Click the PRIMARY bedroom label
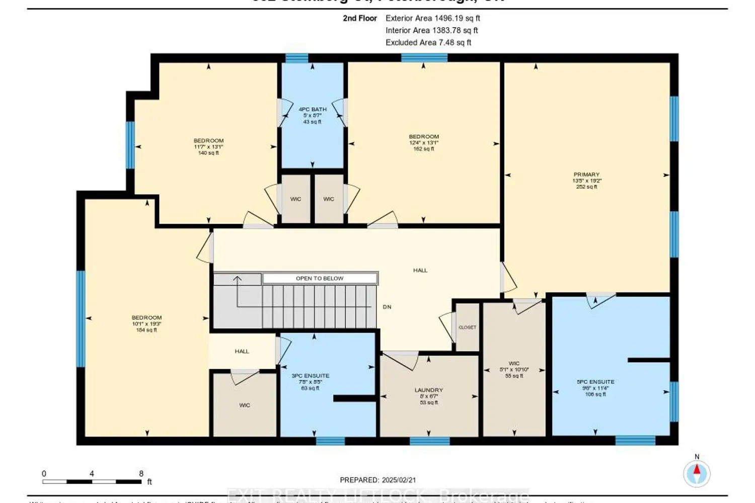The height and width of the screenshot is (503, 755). [586, 175]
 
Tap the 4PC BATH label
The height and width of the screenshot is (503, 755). [313, 109]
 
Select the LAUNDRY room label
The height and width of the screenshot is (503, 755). [429, 390]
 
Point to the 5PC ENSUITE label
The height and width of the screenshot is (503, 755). [595, 382]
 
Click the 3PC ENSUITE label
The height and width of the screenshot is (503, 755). [311, 376]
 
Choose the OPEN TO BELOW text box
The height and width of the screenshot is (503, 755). [320, 278]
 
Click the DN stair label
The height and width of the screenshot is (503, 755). [387, 307]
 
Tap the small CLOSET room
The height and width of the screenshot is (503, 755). [467, 327]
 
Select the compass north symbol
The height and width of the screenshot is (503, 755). [697, 472]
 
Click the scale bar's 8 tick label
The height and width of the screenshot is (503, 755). [141, 473]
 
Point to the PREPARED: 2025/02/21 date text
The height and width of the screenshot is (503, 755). [378, 480]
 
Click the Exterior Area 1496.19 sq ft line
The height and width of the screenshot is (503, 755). [433, 18]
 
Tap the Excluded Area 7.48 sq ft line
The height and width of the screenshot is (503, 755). [428, 43]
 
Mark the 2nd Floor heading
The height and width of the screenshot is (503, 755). [360, 18]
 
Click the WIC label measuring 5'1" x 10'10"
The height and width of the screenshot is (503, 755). [514, 369]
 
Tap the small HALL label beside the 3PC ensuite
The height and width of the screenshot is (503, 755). [242, 351]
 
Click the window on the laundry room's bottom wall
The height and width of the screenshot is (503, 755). [429, 441]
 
